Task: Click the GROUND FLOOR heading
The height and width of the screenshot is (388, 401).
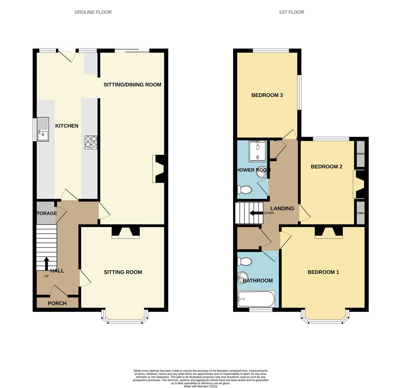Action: pos(93,12)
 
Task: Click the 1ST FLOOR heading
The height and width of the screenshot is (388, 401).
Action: pos(291,12)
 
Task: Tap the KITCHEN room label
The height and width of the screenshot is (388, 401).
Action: pos(66,126)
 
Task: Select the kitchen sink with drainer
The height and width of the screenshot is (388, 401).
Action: pos(43,129)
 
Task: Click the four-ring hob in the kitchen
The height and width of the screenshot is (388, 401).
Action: pos(91,142)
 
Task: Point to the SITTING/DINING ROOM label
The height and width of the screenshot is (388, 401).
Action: pos(132,85)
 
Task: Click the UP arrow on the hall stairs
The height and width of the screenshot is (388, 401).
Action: pos(46,263)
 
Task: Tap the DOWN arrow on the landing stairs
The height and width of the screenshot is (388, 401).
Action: pos(256,213)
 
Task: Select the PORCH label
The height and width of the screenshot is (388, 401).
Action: pos(57,303)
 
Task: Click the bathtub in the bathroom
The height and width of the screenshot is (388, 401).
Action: pos(256,299)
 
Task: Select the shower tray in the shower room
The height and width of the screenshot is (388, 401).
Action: pos(258,151)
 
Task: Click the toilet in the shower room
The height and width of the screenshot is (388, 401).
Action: pos(244,189)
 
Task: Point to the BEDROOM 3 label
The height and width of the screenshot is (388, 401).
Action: pos(267,95)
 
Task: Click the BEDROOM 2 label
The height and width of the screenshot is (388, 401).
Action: pos(326,167)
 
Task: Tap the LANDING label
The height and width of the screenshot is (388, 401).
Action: pos(282,208)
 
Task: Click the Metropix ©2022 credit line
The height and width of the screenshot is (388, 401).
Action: pos(200,387)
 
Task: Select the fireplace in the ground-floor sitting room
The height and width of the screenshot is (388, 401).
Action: pos(125,232)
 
